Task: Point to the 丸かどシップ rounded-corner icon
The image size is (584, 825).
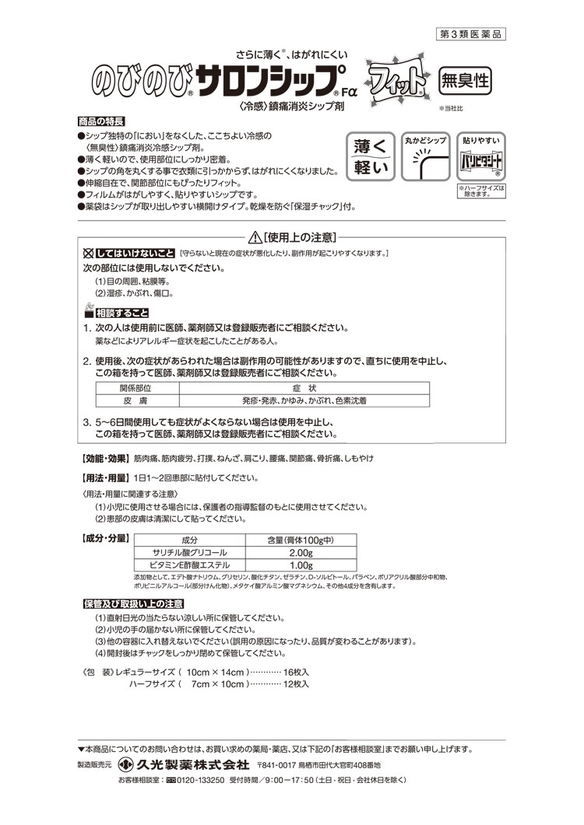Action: coord(425,163)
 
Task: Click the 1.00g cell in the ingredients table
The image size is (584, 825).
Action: coord(301,565)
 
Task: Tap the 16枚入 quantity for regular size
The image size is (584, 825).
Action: coord(297,670)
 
